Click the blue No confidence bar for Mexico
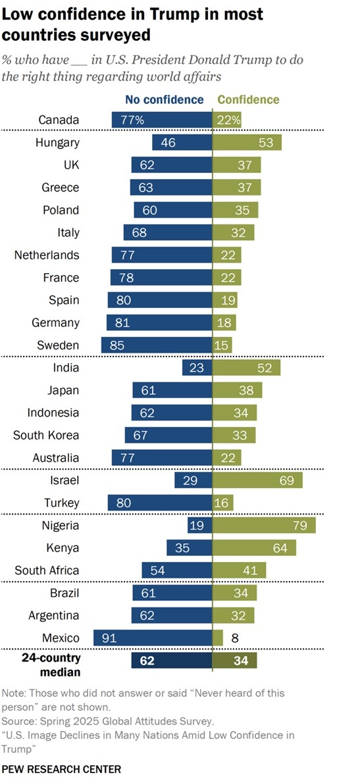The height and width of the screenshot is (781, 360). click(153, 638)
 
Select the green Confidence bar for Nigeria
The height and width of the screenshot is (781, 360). click(264, 525)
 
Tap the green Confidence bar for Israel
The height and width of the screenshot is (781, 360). click(257, 480)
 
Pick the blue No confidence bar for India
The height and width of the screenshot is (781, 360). click(197, 368)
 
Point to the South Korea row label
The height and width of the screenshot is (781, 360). click(46, 435)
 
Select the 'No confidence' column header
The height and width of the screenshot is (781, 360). click(165, 100)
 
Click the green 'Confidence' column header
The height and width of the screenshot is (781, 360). click(248, 100)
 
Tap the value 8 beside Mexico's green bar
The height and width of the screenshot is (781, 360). click(234, 638)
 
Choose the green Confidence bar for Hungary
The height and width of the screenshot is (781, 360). click(247, 142)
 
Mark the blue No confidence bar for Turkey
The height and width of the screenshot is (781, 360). click(160, 503)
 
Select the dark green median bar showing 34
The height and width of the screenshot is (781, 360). click(234, 660)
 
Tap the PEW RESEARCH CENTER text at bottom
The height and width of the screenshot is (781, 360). click(61, 768)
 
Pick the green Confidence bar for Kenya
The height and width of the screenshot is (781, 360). click(254, 547)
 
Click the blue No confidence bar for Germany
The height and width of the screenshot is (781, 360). click(159, 322)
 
